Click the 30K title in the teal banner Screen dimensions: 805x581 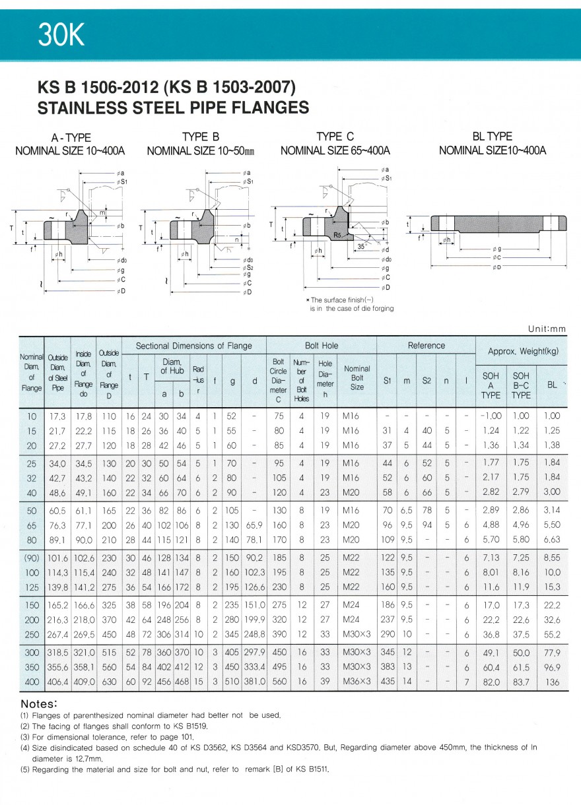[x=62, y=36]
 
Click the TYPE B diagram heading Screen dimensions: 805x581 [x=201, y=137]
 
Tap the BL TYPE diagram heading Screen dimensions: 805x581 [x=493, y=137]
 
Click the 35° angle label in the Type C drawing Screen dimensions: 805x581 [x=361, y=245]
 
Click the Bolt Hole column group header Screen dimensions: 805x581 [x=322, y=346]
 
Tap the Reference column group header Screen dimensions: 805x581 [x=427, y=346]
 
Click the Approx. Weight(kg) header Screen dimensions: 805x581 [x=522, y=352]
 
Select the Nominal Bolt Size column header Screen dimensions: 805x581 [x=357, y=378]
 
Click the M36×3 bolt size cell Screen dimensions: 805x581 [x=357, y=681]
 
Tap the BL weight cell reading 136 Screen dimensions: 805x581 [x=552, y=681]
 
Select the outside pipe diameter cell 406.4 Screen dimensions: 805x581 [x=58, y=681]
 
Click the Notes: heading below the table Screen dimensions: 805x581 [x=40, y=703]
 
